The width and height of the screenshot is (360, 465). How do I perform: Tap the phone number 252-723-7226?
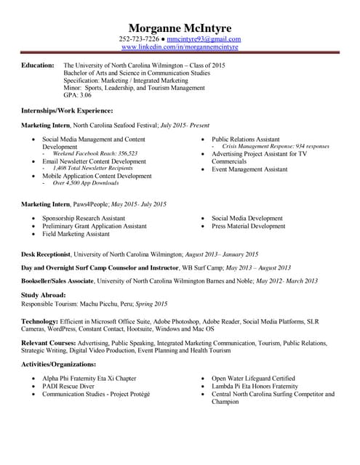coord(139,39)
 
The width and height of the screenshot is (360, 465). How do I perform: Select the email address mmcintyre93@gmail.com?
coord(204,39)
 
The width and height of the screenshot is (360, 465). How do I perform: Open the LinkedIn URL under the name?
coord(179,47)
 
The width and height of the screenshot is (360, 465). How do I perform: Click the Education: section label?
coord(37,65)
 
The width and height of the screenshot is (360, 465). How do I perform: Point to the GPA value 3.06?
coord(85,95)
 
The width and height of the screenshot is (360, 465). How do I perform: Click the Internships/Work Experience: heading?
coord(66,110)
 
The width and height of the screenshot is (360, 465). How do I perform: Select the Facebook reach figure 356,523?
coord(123,154)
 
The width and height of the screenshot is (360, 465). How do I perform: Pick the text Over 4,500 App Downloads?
coord(87,183)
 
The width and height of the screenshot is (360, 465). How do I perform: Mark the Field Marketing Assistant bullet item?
coord(76,235)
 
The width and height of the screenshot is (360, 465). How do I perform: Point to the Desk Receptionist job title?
coord(45,254)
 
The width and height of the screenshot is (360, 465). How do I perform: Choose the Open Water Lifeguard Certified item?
coord(253,379)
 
